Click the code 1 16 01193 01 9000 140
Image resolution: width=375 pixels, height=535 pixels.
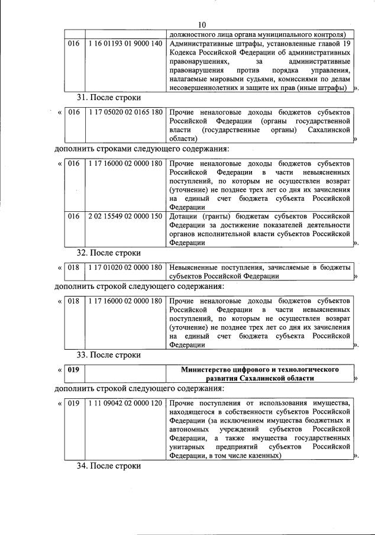pyautogui.click(x=124, y=44)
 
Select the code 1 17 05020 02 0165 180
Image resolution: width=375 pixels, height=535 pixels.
pyautogui.click(x=124, y=112)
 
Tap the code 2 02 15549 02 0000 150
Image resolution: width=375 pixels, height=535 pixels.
pyautogui.click(x=124, y=217)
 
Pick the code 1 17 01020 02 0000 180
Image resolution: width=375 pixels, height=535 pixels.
pyautogui.click(x=124, y=267)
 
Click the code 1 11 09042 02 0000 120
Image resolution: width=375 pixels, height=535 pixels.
pyautogui.click(x=124, y=404)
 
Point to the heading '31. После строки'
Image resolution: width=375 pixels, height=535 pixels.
pyautogui.click(x=109, y=97)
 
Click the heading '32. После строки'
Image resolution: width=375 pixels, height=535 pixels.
pyautogui.click(x=109, y=253)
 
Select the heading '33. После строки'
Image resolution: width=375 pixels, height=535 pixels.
pyautogui.click(x=109, y=354)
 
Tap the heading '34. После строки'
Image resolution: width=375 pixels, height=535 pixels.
pyautogui.click(x=109, y=466)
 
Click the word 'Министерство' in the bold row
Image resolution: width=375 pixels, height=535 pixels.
pyautogui.click(x=206, y=370)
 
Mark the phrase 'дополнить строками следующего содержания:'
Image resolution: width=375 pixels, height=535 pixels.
pyautogui.click(x=141, y=148)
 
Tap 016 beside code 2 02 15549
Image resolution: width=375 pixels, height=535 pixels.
pyautogui.click(x=73, y=217)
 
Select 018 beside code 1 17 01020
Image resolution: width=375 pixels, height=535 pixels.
pyautogui.click(x=73, y=267)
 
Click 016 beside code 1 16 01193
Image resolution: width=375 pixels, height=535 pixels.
pyautogui.click(x=73, y=44)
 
